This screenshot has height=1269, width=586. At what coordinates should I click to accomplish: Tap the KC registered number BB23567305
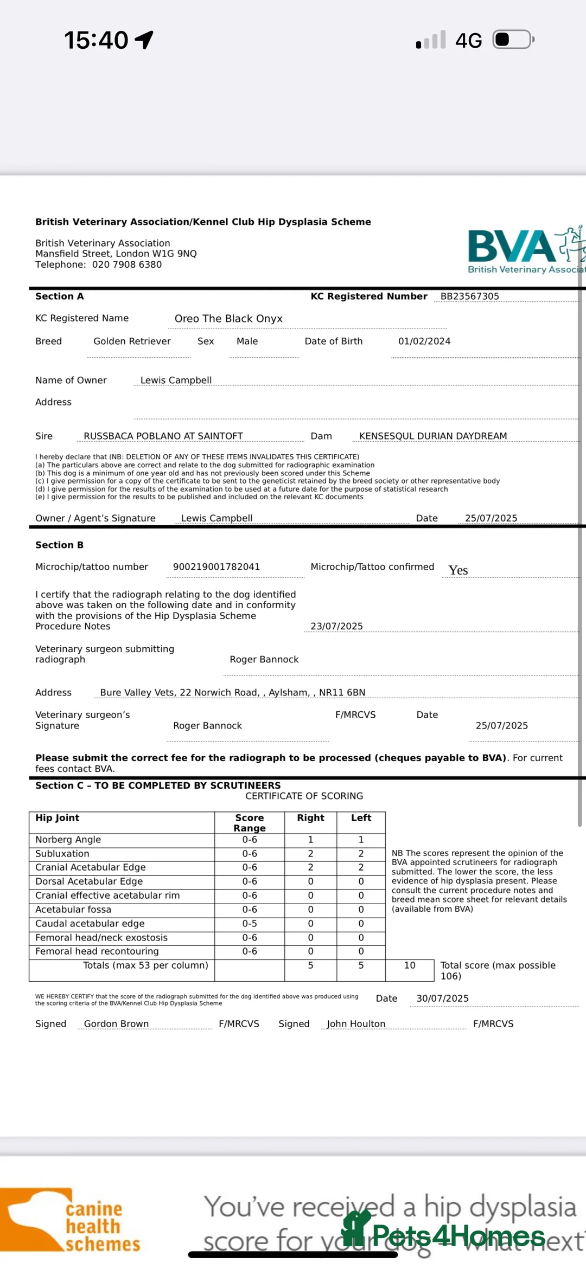point(469,297)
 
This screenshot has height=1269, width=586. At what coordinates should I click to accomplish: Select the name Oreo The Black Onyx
point(228,319)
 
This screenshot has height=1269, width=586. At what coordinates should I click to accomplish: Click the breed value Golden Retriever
point(132,341)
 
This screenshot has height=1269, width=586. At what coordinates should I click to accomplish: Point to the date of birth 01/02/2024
point(424,341)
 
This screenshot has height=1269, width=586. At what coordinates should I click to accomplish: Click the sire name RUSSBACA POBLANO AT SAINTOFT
point(163,436)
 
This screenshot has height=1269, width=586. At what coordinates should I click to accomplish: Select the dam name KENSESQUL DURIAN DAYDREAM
point(432,436)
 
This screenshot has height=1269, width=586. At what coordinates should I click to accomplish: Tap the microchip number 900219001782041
point(216,566)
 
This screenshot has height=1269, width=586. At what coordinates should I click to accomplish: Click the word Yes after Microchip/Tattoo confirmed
point(458,570)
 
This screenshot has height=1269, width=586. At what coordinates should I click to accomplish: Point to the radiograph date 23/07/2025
point(336,626)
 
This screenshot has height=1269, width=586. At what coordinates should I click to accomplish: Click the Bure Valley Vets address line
point(232,692)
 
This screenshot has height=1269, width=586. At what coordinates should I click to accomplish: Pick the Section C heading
point(158,785)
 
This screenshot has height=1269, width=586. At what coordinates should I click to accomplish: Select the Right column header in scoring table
point(310,818)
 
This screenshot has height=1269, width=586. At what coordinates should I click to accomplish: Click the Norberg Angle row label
point(68,840)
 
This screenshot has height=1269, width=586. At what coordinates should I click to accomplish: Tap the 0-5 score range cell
point(250,923)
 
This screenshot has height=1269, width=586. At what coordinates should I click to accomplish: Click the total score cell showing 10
point(410,965)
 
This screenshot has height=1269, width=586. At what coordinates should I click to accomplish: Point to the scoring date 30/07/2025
point(442,999)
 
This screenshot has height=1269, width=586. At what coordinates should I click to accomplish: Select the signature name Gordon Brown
point(116,1023)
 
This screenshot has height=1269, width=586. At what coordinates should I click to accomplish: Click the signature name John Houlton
point(356,1023)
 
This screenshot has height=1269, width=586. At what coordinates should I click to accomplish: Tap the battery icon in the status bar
point(513,40)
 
